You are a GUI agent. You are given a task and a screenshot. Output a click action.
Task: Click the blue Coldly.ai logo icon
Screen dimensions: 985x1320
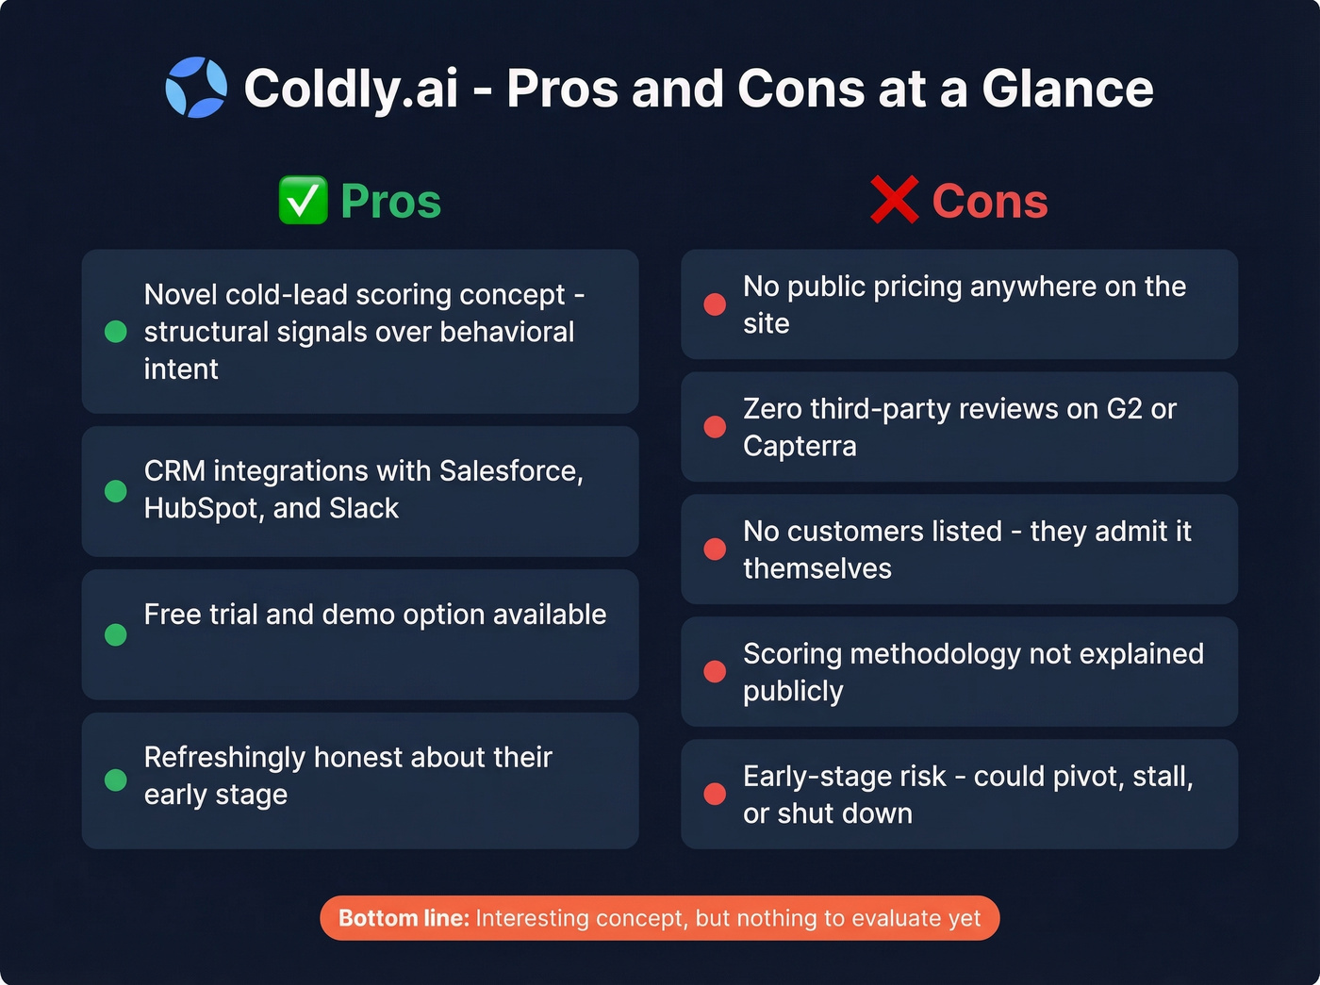[x=196, y=88]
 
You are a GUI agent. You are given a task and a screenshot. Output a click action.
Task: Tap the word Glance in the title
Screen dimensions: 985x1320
[x=1067, y=89]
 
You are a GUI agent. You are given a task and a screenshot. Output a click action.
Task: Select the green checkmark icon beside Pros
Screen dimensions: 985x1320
[x=303, y=201]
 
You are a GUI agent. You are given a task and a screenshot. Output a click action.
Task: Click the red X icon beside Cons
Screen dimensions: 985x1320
[x=894, y=201]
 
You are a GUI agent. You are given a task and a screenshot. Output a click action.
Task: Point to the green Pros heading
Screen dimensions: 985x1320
[x=390, y=201]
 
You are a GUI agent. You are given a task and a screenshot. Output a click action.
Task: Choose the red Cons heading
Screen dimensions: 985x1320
[x=990, y=201]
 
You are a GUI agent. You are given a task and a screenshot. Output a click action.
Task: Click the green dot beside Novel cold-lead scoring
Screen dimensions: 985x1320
[x=116, y=332]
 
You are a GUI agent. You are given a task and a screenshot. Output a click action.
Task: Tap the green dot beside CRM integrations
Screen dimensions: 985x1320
[x=116, y=491]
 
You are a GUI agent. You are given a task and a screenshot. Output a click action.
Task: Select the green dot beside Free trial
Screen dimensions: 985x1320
[x=116, y=634]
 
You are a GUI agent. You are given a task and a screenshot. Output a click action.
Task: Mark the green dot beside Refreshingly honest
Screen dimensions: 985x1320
[x=116, y=780]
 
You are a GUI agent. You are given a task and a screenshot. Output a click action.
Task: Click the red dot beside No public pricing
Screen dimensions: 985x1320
[x=715, y=304]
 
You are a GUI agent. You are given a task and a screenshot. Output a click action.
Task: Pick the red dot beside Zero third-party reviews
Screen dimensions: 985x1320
[x=715, y=427]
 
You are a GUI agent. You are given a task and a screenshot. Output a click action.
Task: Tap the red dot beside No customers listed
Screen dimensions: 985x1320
[x=715, y=550]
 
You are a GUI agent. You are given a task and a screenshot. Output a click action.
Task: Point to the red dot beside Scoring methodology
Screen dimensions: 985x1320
[x=715, y=671]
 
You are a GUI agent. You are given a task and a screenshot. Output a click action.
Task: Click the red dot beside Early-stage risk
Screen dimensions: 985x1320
[x=715, y=794]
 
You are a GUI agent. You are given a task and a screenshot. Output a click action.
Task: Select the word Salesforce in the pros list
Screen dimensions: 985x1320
[x=510, y=470]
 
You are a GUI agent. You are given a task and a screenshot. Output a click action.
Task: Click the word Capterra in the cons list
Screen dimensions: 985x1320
[x=800, y=446]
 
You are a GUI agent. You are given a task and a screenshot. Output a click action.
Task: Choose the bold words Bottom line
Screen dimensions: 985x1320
[x=404, y=918]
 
